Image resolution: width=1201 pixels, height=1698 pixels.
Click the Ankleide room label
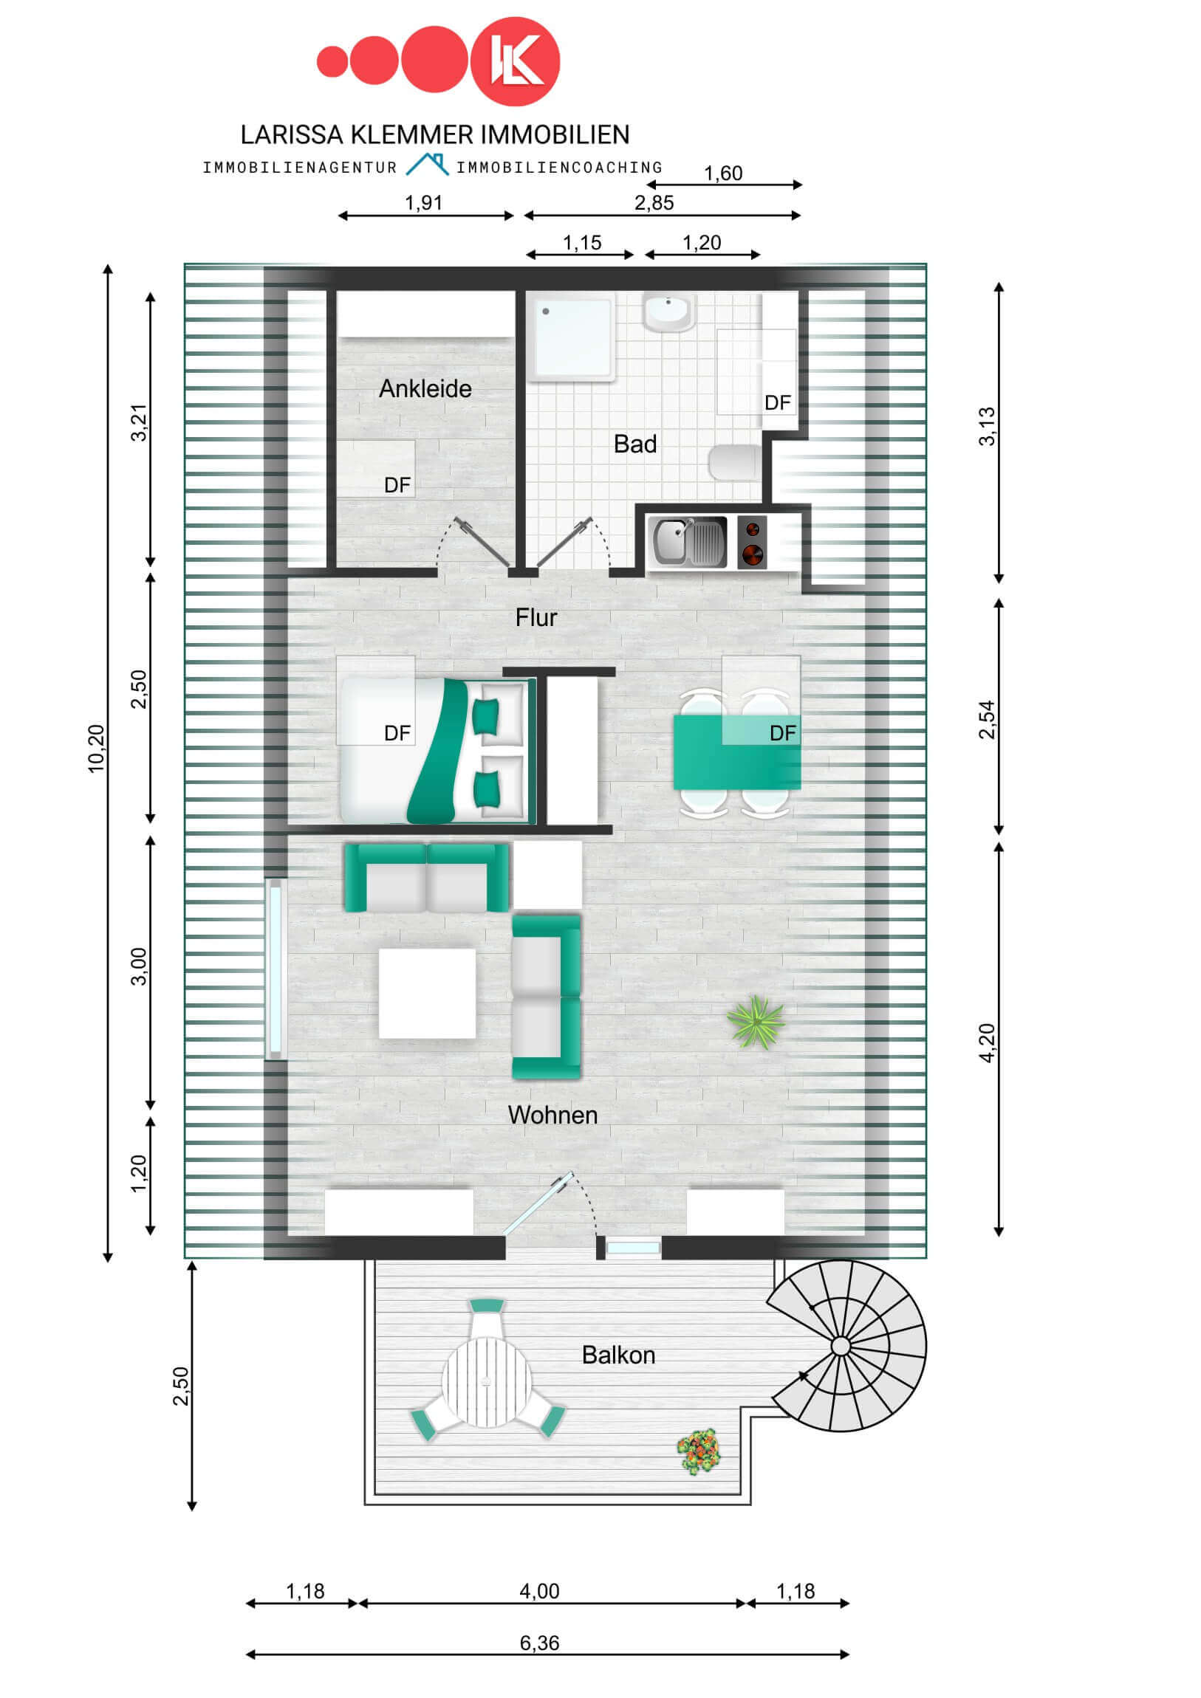(425, 388)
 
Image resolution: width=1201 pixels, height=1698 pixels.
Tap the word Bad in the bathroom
(635, 444)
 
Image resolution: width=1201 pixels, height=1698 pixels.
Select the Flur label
(536, 617)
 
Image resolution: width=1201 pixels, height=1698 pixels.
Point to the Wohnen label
(552, 1115)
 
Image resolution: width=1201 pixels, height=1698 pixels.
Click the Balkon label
(618, 1355)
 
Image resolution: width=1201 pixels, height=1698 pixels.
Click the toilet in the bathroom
(734, 462)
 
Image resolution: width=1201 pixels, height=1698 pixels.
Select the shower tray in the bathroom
(569, 337)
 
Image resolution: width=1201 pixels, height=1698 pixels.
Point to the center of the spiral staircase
(841, 1346)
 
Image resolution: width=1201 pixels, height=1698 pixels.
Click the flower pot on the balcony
(698, 1451)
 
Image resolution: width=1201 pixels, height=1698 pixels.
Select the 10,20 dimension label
(96, 749)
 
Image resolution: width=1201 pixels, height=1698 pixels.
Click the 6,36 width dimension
(538, 1643)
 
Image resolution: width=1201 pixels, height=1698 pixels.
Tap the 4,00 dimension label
(538, 1591)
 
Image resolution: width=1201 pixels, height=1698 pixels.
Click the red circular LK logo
(515, 61)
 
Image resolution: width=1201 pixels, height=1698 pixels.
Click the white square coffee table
(427, 992)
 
